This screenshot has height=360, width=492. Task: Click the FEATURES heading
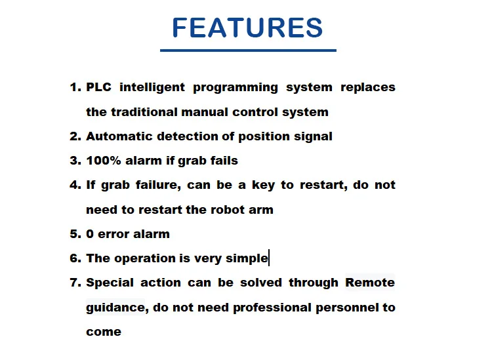click(x=247, y=28)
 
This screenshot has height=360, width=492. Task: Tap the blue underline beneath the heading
click(x=248, y=50)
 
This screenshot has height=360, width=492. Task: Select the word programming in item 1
click(x=236, y=87)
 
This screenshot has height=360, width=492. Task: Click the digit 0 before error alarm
click(x=90, y=234)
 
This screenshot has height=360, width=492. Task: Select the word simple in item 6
click(x=247, y=258)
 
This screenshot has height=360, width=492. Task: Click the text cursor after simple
click(x=269, y=258)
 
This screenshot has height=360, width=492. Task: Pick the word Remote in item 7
click(x=370, y=283)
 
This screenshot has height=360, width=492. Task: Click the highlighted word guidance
click(x=115, y=308)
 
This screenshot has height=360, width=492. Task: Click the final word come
click(x=104, y=332)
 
